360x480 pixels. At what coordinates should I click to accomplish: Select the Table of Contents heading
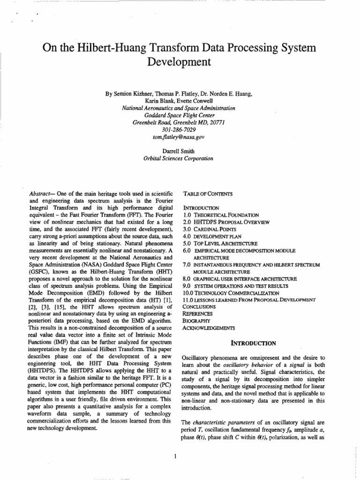tap(203, 193)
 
